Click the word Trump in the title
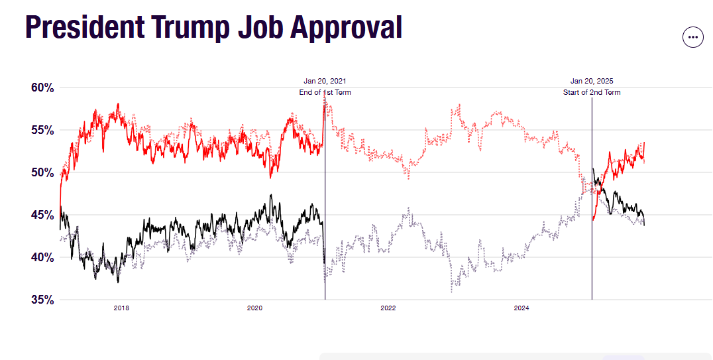[x=188, y=27]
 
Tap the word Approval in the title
[x=347, y=27]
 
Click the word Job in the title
[x=260, y=27]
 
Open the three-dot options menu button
[x=692, y=37]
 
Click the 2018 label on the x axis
[x=121, y=308]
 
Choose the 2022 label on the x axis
[x=388, y=308]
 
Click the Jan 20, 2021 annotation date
[x=325, y=81]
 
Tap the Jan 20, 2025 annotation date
[x=592, y=81]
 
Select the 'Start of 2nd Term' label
[x=592, y=92]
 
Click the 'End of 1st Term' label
[x=325, y=92]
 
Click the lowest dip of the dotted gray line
[x=452, y=290]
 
